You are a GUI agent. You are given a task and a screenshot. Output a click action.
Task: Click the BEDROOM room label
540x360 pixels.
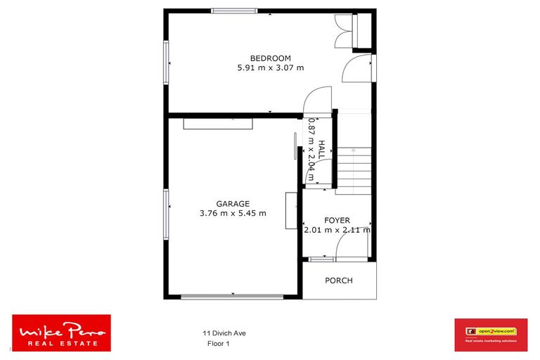[x=271, y=58]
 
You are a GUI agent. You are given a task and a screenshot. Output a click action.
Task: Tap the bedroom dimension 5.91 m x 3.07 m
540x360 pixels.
[x=271, y=68]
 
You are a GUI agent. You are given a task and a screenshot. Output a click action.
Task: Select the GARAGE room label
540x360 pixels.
[x=233, y=204]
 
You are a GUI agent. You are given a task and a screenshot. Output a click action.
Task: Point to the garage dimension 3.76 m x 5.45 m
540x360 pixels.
[x=233, y=214]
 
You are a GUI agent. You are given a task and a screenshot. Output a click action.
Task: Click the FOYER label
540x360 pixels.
[x=337, y=221]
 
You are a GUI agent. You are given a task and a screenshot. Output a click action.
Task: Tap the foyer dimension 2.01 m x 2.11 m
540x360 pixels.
[x=337, y=230]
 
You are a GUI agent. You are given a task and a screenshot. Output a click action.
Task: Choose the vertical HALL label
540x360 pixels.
[x=321, y=149]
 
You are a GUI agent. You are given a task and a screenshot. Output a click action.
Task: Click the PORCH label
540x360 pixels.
[x=339, y=281]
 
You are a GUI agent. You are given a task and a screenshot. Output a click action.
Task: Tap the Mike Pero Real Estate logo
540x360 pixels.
[x=62, y=333]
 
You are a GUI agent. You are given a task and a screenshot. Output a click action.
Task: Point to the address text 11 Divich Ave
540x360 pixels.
[x=224, y=333]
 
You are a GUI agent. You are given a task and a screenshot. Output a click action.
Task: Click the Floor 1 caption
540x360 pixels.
[x=219, y=344]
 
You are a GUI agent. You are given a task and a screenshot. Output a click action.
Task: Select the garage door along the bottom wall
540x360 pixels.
[x=232, y=297]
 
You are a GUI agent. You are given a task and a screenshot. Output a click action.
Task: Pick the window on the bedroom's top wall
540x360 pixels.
[x=234, y=11]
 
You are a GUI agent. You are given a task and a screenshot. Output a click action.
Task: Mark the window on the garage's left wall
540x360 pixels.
[x=167, y=214]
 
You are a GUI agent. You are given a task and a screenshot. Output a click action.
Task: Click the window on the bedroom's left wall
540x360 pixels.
[x=167, y=64]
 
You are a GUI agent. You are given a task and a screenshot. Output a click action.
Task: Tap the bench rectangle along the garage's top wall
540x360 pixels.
[x=217, y=123]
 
